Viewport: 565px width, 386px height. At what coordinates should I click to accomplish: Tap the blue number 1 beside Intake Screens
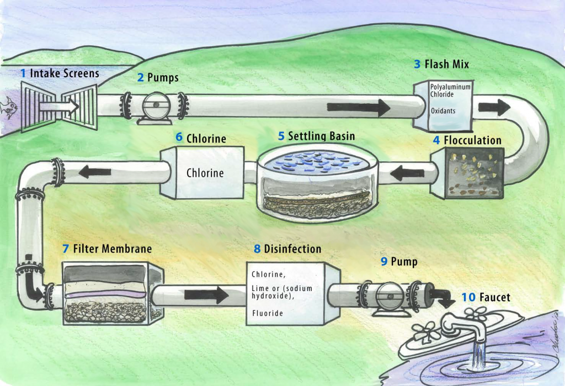coord(23,73)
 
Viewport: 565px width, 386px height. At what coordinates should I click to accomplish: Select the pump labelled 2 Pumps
coord(155,105)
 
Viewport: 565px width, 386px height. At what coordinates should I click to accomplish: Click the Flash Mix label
coord(446,64)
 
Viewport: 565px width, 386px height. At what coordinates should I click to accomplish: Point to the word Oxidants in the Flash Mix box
coord(443,111)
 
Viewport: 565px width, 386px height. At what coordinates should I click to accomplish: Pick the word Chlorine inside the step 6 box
coord(205,173)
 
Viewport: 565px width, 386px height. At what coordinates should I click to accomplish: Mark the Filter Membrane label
coord(112,249)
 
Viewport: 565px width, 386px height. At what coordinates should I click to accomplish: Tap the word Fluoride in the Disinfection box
coord(267,313)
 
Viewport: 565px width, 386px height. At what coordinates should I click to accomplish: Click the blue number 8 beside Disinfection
coord(257,249)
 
